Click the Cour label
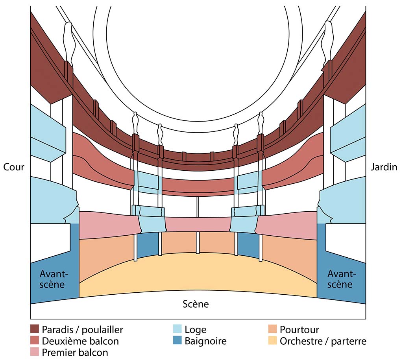coord(14,167)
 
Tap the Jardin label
coord(384,167)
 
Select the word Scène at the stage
coord(196,304)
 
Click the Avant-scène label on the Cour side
coord(54,279)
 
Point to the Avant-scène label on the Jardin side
coord(341,279)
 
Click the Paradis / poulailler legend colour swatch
coord(35,329)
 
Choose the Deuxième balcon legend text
coord(80,341)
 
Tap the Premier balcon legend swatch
coord(35,352)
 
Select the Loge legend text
coord(195,330)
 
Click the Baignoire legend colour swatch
coord(177,340)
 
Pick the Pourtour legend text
coord(299,329)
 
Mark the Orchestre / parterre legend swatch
coord(272,340)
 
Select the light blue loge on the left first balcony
coord(152,219)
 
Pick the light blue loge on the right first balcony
coord(244,219)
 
